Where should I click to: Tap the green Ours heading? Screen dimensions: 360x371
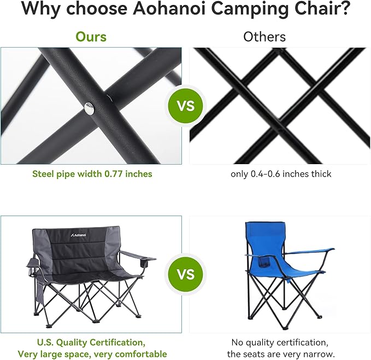tap(91, 37)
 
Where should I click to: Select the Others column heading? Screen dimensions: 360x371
tap(264, 37)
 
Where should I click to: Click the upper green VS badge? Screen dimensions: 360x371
tap(186, 106)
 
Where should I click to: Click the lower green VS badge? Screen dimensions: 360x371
tap(186, 274)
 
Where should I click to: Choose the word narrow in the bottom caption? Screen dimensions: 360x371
tap(315, 354)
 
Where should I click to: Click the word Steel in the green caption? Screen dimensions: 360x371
tap(43, 174)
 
